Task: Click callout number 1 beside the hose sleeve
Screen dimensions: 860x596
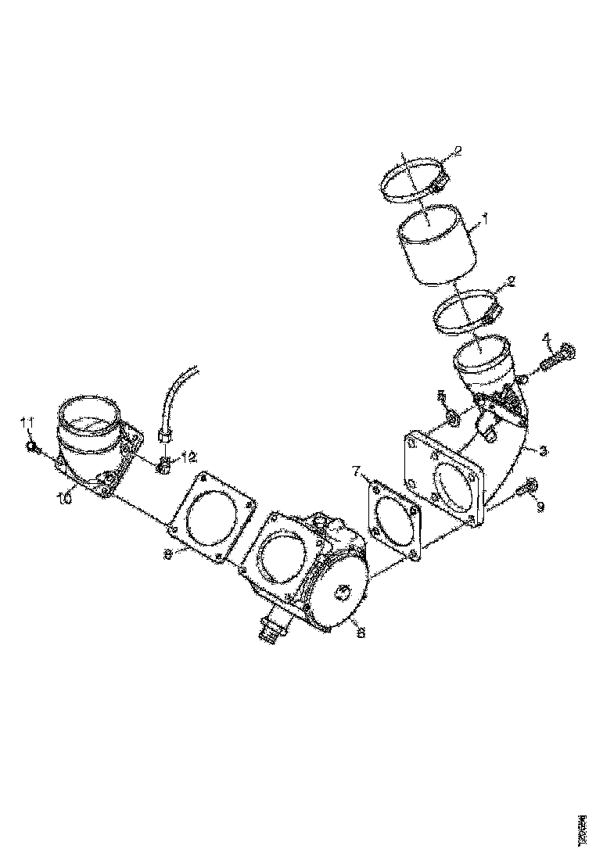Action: click(x=484, y=220)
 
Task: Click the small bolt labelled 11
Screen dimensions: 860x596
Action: click(x=33, y=448)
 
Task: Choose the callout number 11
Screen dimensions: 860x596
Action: click(x=27, y=423)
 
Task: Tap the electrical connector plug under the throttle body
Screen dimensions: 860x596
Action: click(x=270, y=627)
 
